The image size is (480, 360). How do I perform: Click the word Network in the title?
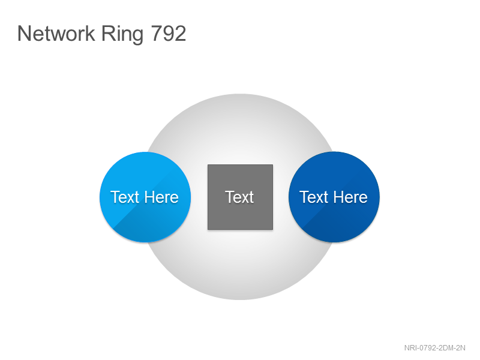pyautogui.click(x=56, y=33)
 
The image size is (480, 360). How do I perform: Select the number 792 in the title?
pyautogui.click(x=169, y=33)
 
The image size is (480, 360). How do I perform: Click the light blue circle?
pyautogui.click(x=145, y=197)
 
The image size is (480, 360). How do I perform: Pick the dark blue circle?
pyautogui.click(x=334, y=197)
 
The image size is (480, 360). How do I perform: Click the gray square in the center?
pyautogui.click(x=241, y=197)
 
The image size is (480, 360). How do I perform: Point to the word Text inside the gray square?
pyautogui.click(x=239, y=197)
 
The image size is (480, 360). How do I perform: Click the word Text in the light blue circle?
pyautogui.click(x=125, y=197)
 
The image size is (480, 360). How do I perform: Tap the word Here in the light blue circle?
pyautogui.click(x=161, y=197)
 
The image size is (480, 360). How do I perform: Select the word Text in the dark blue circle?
pyautogui.click(x=314, y=197)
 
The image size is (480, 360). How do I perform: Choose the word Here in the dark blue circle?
pyautogui.click(x=350, y=197)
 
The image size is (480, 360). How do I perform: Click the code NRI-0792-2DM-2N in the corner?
pyautogui.click(x=434, y=348)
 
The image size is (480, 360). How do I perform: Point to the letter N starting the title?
pyautogui.click(x=24, y=33)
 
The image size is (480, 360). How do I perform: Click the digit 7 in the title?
pyautogui.click(x=157, y=33)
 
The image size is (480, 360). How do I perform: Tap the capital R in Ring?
pyautogui.click(x=108, y=33)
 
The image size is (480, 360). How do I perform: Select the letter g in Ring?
pyautogui.click(x=137, y=37)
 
